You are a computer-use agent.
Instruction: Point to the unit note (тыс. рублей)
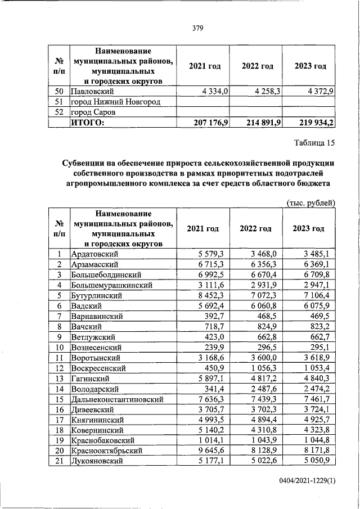pos(311,202)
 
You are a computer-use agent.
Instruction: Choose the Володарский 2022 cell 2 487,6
pos(265,389)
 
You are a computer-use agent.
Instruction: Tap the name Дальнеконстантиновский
pos(117,399)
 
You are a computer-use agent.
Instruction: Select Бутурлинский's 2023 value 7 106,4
pos(318,295)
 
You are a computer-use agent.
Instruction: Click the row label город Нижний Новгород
pos(115,102)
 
